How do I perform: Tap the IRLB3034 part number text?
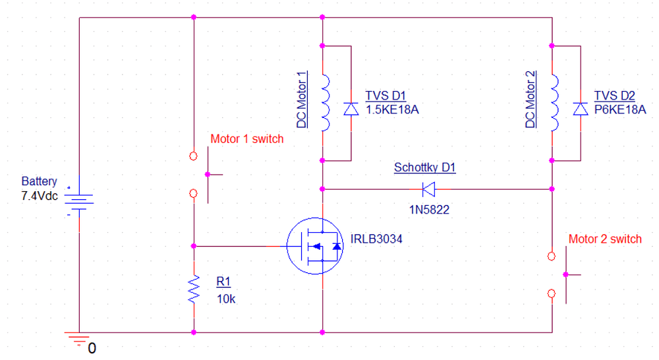click(377, 238)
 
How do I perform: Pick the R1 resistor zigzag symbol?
click(194, 289)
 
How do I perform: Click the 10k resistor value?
click(226, 298)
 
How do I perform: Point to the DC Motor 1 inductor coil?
click(324, 104)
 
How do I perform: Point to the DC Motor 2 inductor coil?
click(554, 104)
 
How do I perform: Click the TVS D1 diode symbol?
click(351, 109)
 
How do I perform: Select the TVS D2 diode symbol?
click(580, 109)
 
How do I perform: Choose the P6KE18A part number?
click(620, 110)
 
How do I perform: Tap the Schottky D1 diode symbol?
click(428, 189)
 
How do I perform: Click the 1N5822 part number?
click(430, 210)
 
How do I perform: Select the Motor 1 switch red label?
click(246, 139)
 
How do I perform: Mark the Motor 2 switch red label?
click(604, 239)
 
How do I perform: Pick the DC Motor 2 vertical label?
click(531, 100)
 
